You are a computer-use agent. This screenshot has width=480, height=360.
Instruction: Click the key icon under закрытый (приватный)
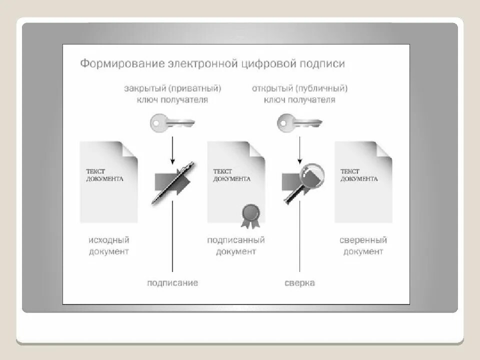(x=172, y=122)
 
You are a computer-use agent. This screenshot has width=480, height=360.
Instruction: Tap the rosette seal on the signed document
(x=248, y=213)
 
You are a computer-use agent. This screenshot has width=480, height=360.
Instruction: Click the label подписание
(x=172, y=283)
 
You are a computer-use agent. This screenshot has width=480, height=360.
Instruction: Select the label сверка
(x=300, y=283)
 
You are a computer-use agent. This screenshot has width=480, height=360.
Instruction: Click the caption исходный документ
(x=109, y=245)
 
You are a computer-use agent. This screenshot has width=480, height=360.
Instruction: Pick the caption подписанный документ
(x=236, y=245)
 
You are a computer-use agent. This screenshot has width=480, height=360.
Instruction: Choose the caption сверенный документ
(x=363, y=245)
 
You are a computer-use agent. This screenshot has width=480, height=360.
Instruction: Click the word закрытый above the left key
(x=145, y=88)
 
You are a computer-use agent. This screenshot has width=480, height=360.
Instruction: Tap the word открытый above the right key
(x=272, y=88)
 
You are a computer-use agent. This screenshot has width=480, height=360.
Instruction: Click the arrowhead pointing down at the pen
(x=172, y=161)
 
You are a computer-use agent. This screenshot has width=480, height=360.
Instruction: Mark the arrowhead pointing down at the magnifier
(x=299, y=161)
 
